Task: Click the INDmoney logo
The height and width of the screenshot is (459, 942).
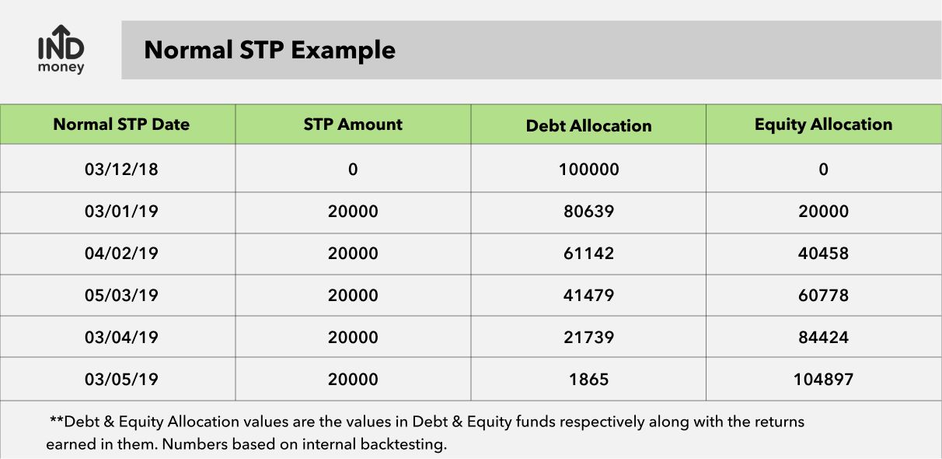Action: pyautogui.click(x=61, y=49)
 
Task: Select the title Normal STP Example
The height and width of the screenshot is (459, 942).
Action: pyautogui.click(x=270, y=51)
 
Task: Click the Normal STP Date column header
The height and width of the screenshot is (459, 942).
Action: pyautogui.click(x=121, y=124)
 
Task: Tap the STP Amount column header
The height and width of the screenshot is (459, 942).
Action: pyautogui.click(x=353, y=124)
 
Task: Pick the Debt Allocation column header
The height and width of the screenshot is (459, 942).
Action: pyautogui.click(x=589, y=125)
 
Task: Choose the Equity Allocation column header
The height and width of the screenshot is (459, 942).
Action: pyautogui.click(x=823, y=124)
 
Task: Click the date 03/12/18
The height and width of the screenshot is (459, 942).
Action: pyautogui.click(x=121, y=170)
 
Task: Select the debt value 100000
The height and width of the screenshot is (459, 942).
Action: pyautogui.click(x=589, y=170)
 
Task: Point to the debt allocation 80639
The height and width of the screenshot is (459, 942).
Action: pyautogui.click(x=589, y=211)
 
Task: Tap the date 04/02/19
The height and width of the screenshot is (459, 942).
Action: pyautogui.click(x=121, y=253)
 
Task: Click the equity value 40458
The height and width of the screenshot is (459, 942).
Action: pyautogui.click(x=823, y=253)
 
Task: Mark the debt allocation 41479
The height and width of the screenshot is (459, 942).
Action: pyautogui.click(x=589, y=295)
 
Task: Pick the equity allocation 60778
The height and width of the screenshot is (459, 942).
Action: pyautogui.click(x=823, y=295)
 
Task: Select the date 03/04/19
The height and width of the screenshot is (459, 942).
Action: pyautogui.click(x=121, y=338)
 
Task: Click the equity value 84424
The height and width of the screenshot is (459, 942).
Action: pyautogui.click(x=823, y=338)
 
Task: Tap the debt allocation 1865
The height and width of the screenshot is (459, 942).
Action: pyautogui.click(x=589, y=380)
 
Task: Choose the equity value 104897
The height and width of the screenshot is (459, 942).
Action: pyautogui.click(x=823, y=380)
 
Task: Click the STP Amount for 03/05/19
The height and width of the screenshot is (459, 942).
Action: pyautogui.click(x=353, y=380)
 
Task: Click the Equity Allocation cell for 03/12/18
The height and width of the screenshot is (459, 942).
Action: pyautogui.click(x=823, y=170)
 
